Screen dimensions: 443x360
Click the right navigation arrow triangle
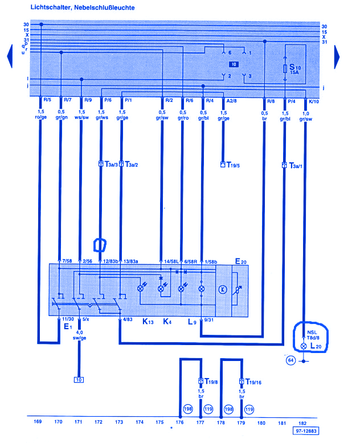click(337, 55)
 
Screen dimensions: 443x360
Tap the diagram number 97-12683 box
click(306, 432)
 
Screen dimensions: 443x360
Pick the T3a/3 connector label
click(111, 164)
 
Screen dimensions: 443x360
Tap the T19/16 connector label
click(252, 382)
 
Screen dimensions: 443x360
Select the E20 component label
click(241, 261)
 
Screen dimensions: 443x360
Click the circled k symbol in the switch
click(223, 289)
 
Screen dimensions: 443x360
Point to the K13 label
click(148, 322)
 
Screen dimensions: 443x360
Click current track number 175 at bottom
click(160, 422)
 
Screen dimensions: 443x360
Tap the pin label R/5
click(47, 101)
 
